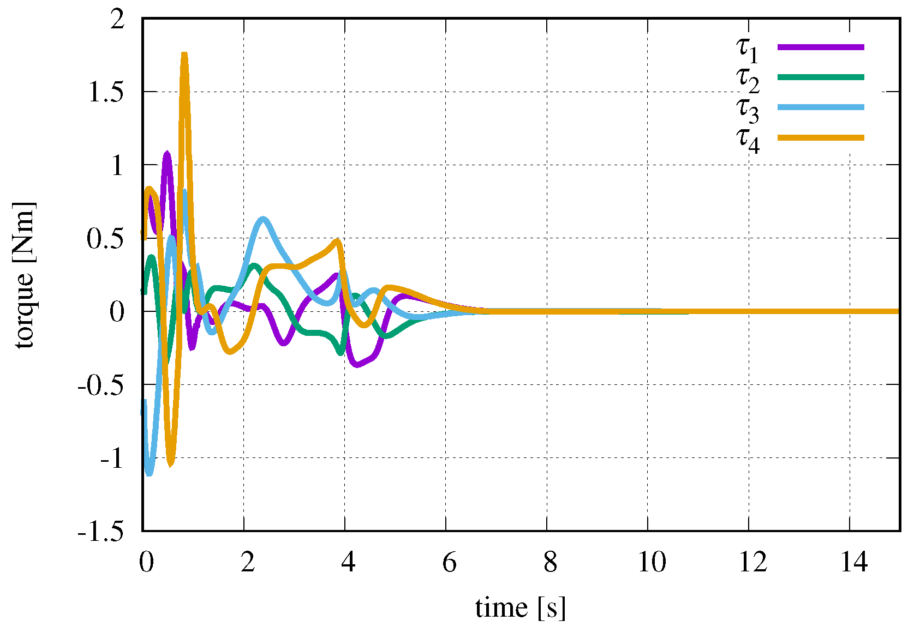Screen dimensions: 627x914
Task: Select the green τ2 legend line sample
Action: [821, 77]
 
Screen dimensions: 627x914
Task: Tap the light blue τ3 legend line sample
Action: [821, 107]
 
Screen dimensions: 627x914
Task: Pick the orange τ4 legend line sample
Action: [821, 137]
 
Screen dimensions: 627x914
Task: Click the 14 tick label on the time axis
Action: [854, 562]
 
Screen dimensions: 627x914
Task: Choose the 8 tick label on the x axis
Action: [551, 562]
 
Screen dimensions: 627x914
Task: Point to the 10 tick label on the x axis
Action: [652, 562]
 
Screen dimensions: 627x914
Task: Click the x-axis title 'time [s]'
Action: [520, 607]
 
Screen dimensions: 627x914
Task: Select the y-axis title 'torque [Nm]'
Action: [24, 275]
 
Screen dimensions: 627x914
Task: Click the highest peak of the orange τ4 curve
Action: [184, 55]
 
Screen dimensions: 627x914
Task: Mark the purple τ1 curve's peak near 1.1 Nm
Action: [167, 154]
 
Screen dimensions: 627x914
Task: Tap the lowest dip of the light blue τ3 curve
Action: [149, 472]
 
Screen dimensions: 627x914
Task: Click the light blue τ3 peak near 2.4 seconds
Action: [264, 219]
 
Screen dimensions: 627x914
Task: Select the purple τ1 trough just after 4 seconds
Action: [357, 364]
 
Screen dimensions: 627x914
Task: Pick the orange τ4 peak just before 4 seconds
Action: [338, 241]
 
